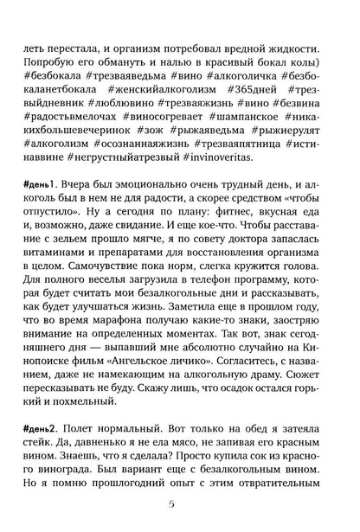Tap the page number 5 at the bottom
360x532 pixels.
179,505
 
